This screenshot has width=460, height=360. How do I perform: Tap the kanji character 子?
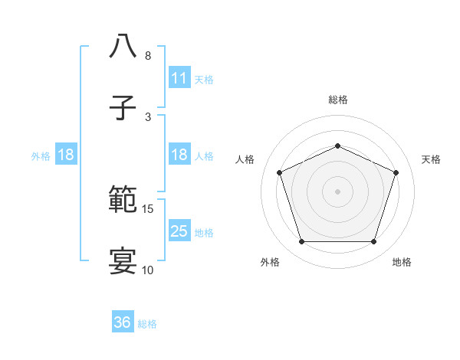click(x=123, y=107)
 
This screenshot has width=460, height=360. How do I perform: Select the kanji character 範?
click(x=123, y=201)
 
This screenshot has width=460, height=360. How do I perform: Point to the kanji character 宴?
click(x=123, y=261)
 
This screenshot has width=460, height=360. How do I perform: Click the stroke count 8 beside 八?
click(x=148, y=56)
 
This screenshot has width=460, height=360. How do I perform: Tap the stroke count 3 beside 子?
click(x=148, y=117)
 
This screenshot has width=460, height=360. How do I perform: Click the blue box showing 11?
click(x=179, y=77)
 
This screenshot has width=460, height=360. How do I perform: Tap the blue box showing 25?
click(x=179, y=231)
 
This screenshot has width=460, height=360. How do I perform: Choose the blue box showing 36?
click(x=122, y=322)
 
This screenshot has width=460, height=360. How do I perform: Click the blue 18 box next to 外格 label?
click(x=65, y=155)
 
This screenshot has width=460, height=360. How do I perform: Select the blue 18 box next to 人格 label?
click(x=179, y=155)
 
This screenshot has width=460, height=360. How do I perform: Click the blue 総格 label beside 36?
click(x=147, y=324)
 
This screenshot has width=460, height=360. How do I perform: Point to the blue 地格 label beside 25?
click(x=204, y=232)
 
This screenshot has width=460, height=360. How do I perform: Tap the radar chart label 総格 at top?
click(x=337, y=100)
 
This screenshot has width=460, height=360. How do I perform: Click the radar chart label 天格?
click(x=432, y=159)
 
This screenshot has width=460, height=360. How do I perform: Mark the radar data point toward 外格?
click(x=301, y=242)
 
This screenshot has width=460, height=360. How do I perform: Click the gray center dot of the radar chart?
click(x=337, y=191)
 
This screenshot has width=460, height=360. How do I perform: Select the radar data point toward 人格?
click(x=279, y=172)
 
